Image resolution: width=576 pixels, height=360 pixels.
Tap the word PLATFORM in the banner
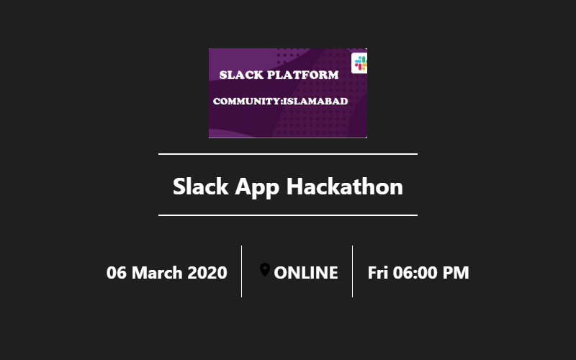point(303,75)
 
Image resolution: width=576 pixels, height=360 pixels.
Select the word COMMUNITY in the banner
point(246,102)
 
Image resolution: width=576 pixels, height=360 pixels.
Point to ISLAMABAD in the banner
point(315,102)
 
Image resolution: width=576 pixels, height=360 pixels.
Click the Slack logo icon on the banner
point(359,63)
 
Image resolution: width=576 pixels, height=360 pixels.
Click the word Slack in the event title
point(201,186)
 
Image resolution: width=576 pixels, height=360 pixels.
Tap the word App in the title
point(257,188)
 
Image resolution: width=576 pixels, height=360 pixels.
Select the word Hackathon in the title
point(345,186)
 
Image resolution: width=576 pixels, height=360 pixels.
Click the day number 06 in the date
point(116,273)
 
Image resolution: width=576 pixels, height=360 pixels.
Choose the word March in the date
point(157,273)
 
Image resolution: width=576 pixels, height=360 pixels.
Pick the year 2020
point(207,273)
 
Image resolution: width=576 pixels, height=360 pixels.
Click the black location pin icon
point(265,270)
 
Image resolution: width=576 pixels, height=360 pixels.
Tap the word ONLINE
point(306,273)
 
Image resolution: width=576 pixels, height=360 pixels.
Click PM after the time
point(456,273)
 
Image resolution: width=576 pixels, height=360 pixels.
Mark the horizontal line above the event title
point(288,154)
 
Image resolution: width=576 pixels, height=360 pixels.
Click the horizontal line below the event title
point(288,215)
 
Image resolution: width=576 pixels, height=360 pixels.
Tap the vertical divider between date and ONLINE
point(241,271)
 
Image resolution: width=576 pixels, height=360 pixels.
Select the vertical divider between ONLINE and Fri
point(352,271)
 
